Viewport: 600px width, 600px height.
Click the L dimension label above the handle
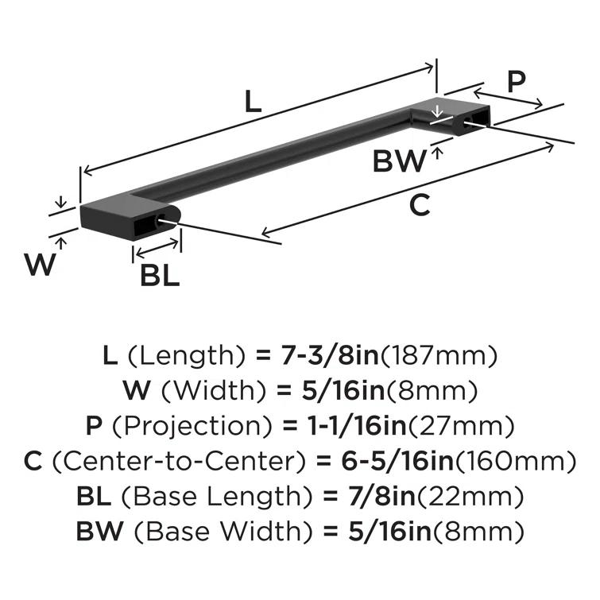(x=251, y=102)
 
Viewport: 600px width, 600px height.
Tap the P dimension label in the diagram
(x=517, y=82)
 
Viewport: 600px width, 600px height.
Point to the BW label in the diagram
(x=400, y=161)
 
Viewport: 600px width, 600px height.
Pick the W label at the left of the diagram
(x=40, y=263)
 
